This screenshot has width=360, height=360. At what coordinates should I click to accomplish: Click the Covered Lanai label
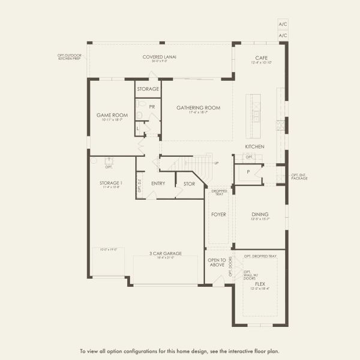159,57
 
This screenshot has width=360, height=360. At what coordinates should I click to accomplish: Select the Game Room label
112,115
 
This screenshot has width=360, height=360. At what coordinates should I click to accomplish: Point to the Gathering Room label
198,108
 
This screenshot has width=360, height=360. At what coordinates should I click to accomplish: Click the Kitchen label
254,146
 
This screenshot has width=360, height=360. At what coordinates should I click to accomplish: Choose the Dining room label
260,214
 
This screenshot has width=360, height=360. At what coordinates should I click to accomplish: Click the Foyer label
218,214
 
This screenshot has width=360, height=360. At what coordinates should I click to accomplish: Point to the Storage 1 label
111,182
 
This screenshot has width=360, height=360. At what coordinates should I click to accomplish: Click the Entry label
158,184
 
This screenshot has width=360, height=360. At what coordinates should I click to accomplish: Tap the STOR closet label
189,184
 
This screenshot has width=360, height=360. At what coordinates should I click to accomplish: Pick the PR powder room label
152,106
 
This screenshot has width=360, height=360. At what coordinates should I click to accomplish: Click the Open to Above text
217,263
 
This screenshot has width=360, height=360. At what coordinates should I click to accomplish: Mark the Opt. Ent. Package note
299,178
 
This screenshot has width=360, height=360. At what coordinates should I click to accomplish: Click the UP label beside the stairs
216,163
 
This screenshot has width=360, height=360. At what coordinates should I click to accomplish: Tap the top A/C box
283,24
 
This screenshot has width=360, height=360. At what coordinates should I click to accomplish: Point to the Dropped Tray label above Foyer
218,192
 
